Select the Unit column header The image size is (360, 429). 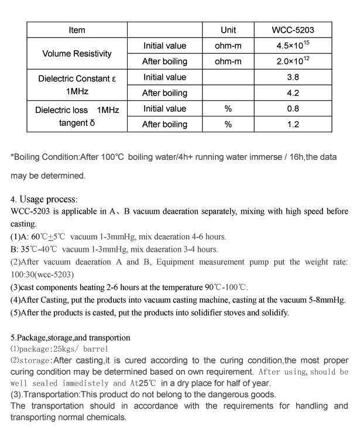point(228,30)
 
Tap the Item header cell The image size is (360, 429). point(77,30)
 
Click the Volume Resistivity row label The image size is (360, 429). point(77,53)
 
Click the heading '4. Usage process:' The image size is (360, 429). point(44,199)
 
